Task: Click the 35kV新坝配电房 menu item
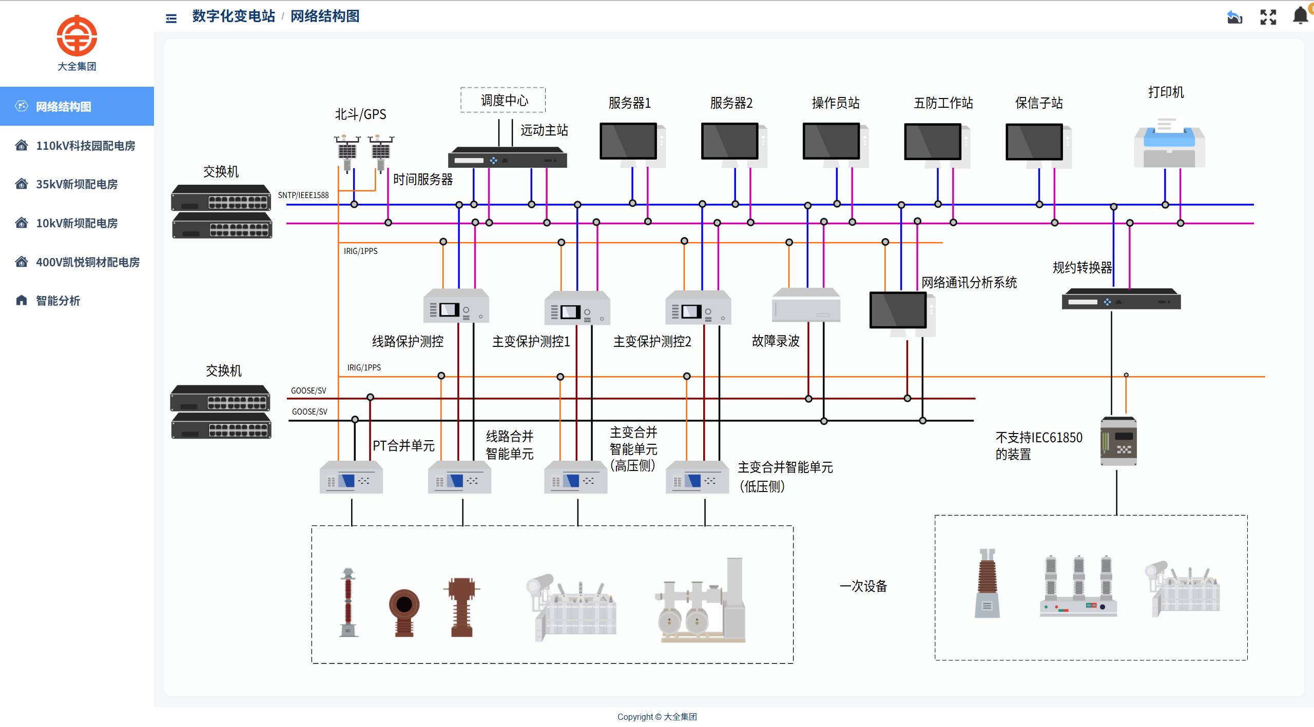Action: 76,184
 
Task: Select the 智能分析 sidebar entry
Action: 57,301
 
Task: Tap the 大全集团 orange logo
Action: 77,36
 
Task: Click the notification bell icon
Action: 1300,16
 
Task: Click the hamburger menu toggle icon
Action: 171,18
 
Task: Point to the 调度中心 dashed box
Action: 503,100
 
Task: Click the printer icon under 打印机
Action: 1169,143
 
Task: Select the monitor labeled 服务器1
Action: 629,142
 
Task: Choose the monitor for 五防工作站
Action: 934,143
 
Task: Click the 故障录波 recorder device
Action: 806,306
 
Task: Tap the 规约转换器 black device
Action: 1121,299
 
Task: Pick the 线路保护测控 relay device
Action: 456,306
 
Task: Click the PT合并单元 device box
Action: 351,478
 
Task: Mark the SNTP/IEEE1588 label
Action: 303,195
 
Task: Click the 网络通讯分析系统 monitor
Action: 899,310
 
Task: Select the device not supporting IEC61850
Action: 1118,442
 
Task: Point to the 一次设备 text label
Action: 863,586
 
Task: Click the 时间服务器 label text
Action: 423,180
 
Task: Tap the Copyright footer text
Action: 657,717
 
